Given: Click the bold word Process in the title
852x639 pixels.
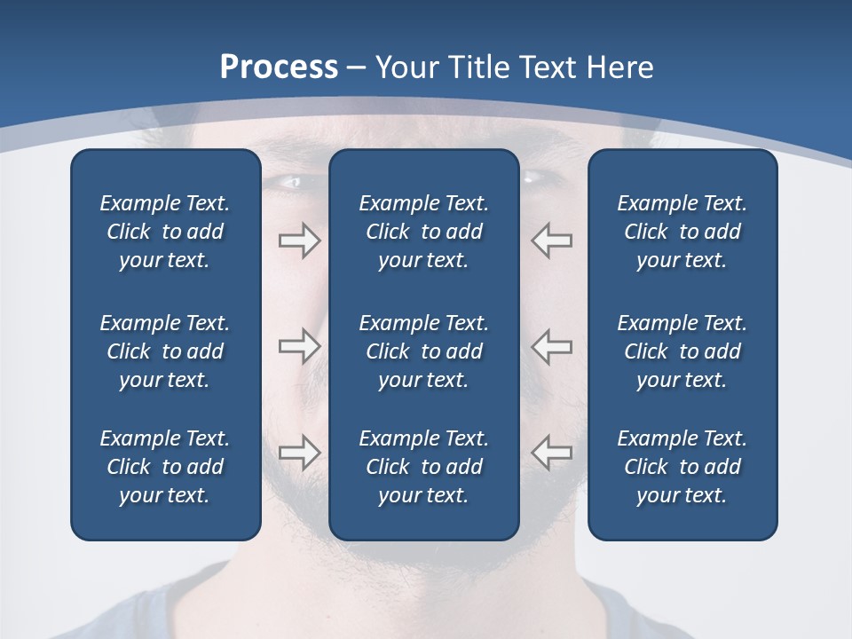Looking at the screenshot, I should click(x=279, y=67).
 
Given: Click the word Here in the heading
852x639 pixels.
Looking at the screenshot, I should click(x=619, y=67).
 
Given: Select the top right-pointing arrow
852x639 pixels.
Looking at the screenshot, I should click(x=299, y=241).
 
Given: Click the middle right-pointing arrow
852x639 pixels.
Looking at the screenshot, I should click(x=299, y=346).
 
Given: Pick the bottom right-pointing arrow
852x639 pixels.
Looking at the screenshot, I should click(x=299, y=452).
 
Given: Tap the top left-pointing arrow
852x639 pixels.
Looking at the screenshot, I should click(x=551, y=241).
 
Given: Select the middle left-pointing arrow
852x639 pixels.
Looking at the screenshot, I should click(x=551, y=346).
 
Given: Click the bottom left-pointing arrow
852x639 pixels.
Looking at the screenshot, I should click(x=551, y=452).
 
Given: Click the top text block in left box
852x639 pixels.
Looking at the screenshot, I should click(x=165, y=232).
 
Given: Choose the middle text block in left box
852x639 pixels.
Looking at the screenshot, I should click(x=165, y=351).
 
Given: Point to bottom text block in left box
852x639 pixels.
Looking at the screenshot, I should click(x=165, y=467).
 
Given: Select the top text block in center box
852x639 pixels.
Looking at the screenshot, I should click(x=423, y=232).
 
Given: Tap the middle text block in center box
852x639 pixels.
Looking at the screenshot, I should click(x=423, y=351).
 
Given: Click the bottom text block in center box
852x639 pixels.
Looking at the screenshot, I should click(x=423, y=467).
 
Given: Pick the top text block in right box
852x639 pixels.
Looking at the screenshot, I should click(x=682, y=232).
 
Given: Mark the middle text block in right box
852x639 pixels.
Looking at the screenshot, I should click(x=682, y=351).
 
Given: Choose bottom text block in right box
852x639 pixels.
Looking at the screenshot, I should click(x=682, y=467).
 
